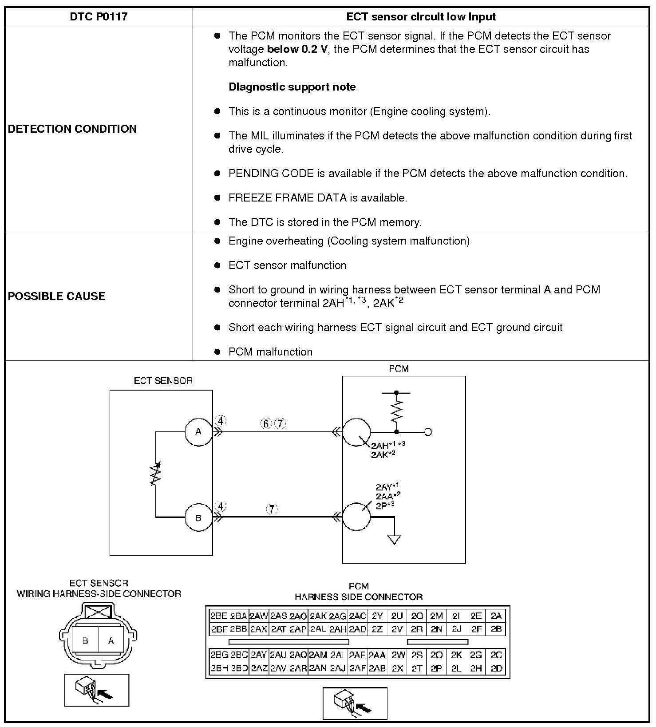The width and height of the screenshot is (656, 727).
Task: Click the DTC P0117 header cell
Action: [x=99, y=17]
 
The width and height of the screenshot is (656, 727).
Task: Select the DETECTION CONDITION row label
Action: [x=72, y=129]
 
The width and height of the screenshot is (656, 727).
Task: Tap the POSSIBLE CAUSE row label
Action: [x=56, y=296]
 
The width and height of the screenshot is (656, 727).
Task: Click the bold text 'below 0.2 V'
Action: [x=297, y=49]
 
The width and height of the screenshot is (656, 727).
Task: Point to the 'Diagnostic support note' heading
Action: [x=292, y=87]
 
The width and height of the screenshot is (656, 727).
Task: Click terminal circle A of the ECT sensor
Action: [x=198, y=431]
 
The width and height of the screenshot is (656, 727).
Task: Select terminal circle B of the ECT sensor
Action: [x=198, y=518]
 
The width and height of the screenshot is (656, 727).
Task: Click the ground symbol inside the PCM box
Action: [x=394, y=539]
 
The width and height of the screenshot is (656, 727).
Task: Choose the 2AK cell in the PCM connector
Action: [x=318, y=616]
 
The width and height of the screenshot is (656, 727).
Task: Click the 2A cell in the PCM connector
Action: [x=496, y=616]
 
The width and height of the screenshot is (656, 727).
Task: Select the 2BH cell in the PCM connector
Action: [x=219, y=668]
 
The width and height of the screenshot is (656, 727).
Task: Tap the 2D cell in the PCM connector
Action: [x=496, y=668]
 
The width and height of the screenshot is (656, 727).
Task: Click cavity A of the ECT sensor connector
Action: [x=111, y=640]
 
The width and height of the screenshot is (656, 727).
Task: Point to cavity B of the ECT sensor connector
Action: [x=85, y=640]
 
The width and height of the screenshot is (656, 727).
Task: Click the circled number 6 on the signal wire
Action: [x=265, y=424]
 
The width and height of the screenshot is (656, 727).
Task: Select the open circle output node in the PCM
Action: [x=428, y=431]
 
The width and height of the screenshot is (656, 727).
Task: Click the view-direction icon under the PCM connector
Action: [x=355, y=703]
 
